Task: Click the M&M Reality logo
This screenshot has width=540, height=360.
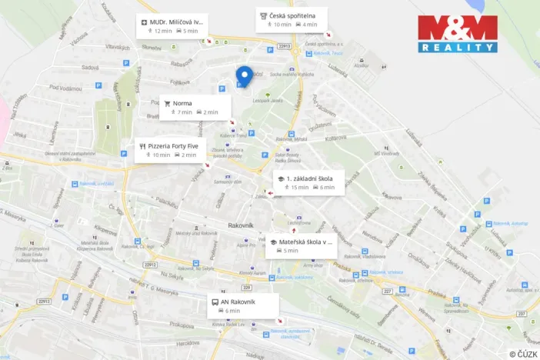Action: coord(457,34)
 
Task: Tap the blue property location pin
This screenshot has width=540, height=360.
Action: coord(244,76)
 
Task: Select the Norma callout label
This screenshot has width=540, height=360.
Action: coord(195,107)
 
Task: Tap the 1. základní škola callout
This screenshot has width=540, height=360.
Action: coord(305,182)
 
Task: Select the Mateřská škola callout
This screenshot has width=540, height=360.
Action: coord(301,245)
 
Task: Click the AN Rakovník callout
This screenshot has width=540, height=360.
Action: coord(242,305)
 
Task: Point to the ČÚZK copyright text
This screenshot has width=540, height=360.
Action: coord(523,354)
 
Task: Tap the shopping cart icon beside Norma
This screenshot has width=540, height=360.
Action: coord(167,103)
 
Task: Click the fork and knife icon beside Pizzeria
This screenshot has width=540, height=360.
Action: coord(142,145)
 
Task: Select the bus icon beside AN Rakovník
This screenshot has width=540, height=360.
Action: coord(215,302)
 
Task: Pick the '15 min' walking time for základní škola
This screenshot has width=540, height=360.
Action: coord(299,187)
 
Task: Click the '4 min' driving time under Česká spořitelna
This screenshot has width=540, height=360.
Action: coord(310,25)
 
